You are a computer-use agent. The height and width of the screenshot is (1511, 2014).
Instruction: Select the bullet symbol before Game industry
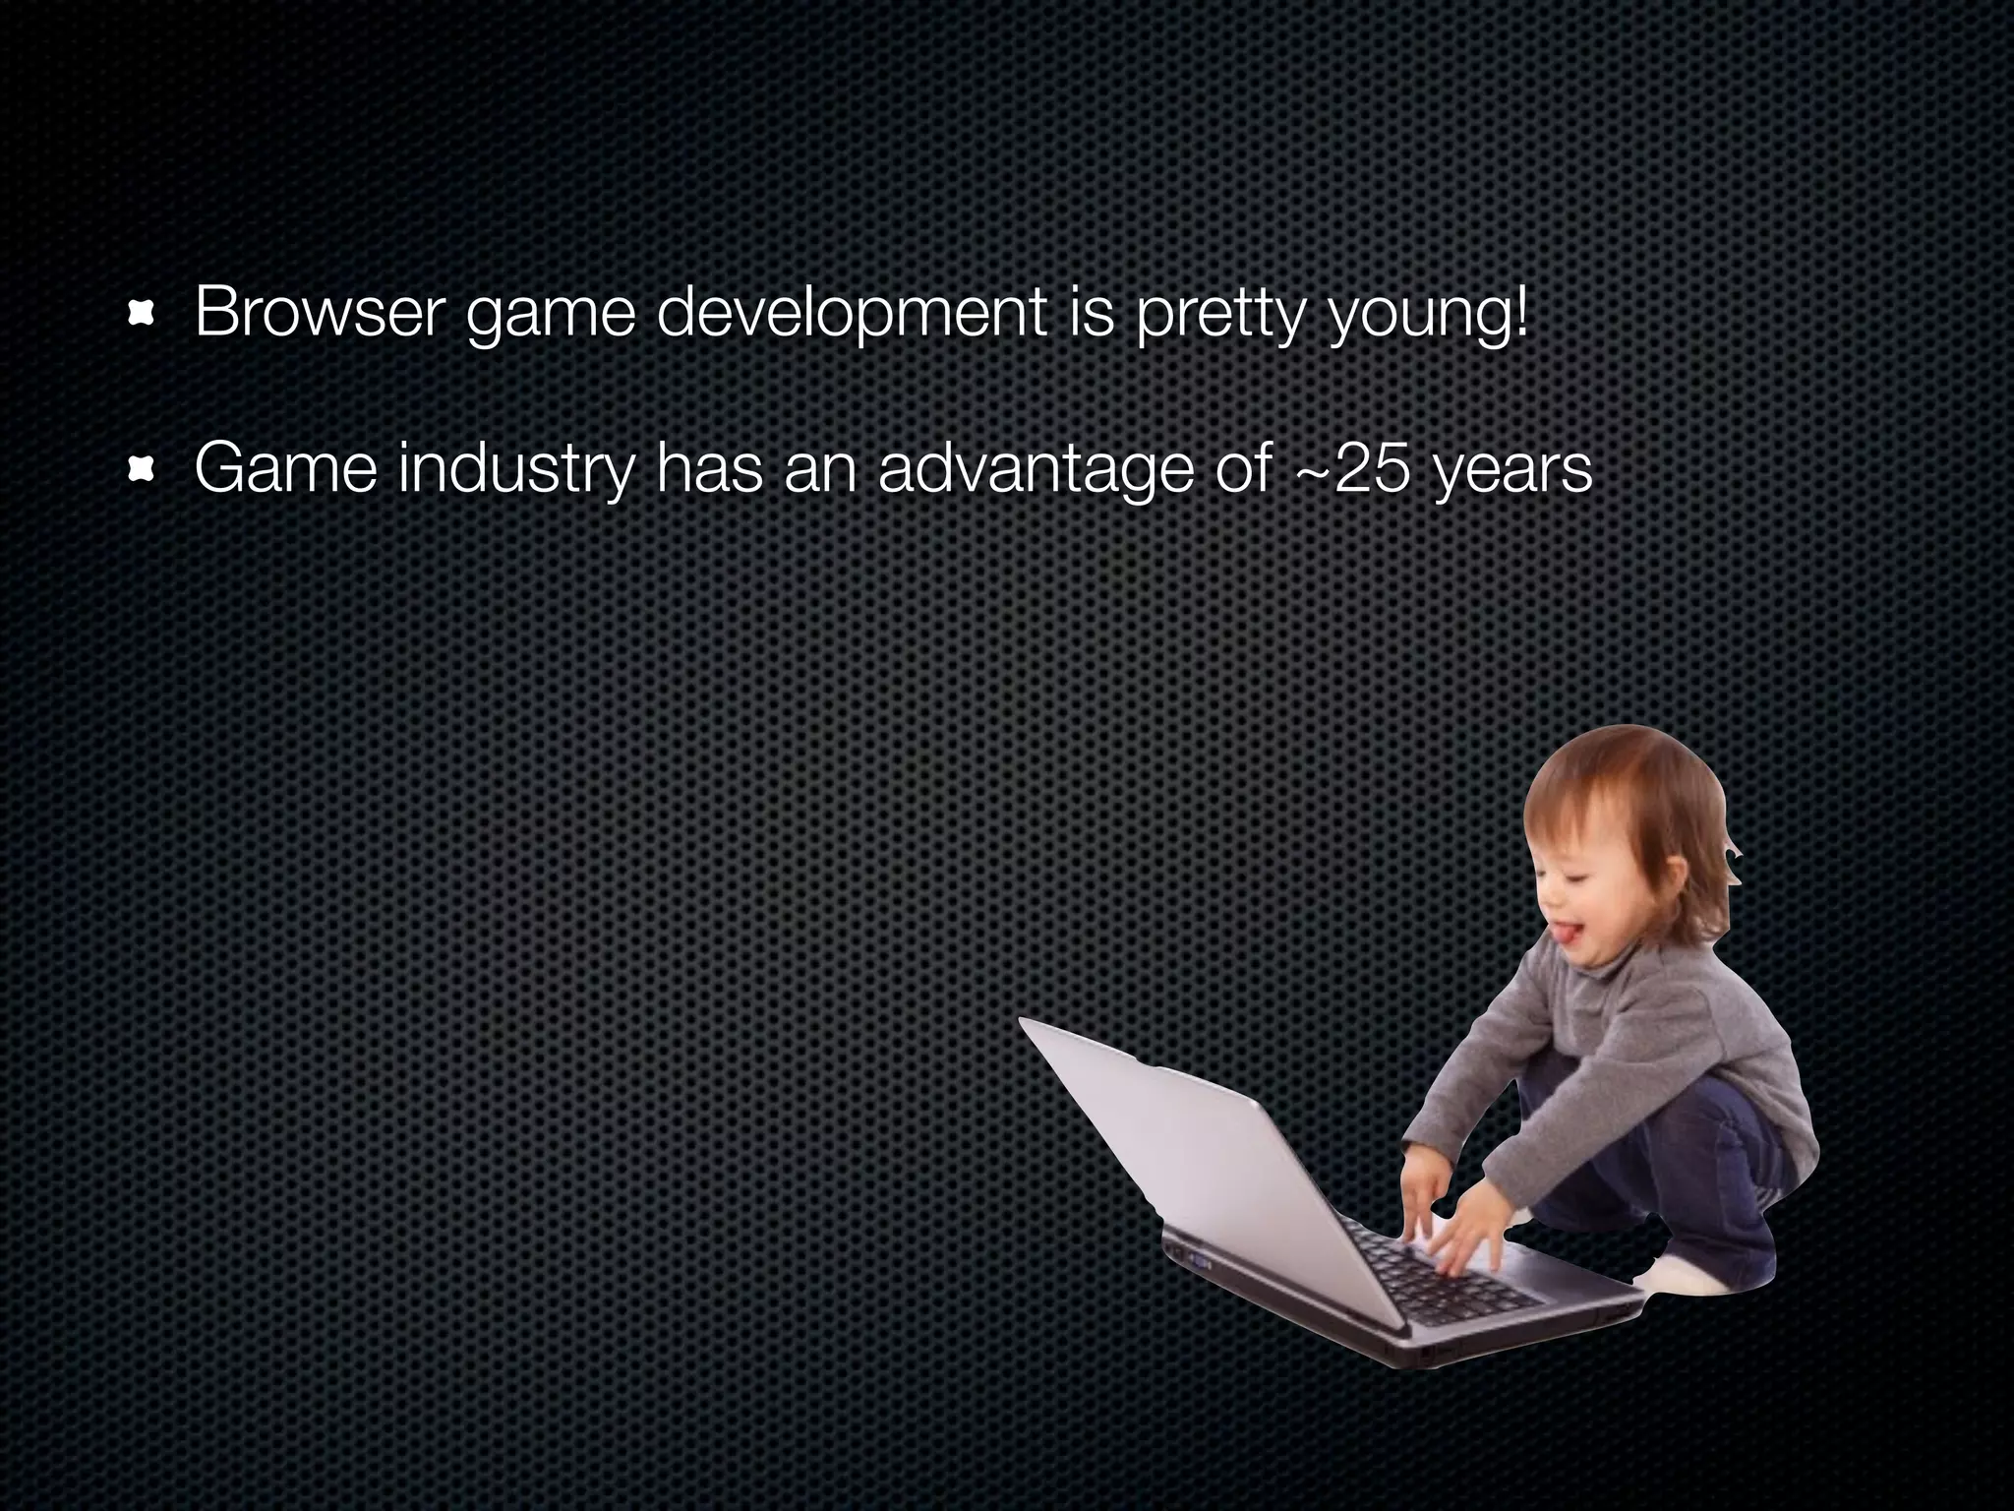pyautogui.click(x=142, y=475)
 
